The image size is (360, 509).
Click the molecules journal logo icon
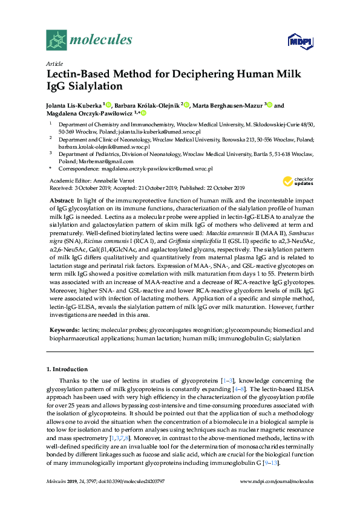(x=56, y=40)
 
